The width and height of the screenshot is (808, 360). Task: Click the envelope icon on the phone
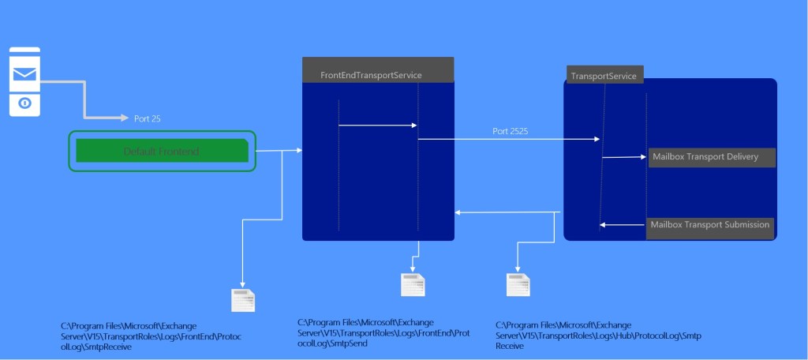click(x=24, y=74)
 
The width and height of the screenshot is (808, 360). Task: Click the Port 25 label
click(x=148, y=118)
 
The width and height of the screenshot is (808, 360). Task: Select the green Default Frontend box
click(x=162, y=151)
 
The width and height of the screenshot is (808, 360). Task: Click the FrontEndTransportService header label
click(x=371, y=75)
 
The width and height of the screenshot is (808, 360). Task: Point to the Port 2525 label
click(x=511, y=131)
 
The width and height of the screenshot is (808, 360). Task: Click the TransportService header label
click(x=604, y=77)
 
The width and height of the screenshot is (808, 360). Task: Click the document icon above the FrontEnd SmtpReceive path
click(x=242, y=301)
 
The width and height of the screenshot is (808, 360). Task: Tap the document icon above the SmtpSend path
click(x=413, y=284)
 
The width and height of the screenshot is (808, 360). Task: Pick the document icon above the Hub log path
click(x=518, y=285)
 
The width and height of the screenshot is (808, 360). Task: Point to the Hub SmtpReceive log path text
click(x=598, y=336)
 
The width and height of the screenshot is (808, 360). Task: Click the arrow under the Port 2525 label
click(x=509, y=140)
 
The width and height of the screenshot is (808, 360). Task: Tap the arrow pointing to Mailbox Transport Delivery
click(x=625, y=157)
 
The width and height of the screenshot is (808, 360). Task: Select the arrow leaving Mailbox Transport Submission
click(x=623, y=225)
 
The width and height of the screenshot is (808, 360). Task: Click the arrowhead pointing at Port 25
click(x=124, y=118)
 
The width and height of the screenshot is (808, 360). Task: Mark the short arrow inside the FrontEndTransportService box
click(x=377, y=125)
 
